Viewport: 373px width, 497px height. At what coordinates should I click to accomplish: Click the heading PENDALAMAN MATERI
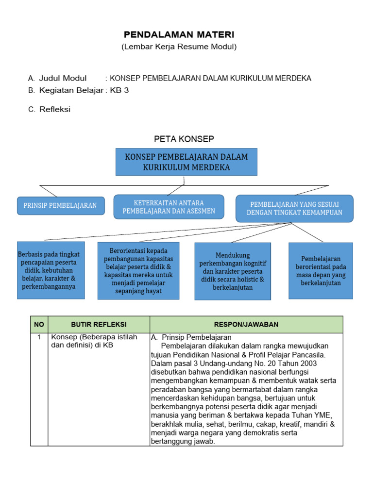tap(179, 34)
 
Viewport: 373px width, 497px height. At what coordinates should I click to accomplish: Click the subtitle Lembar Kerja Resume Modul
tap(179, 47)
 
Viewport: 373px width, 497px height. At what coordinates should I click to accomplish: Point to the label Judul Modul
tap(63, 78)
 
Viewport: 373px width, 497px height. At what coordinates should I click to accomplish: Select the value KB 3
tap(119, 90)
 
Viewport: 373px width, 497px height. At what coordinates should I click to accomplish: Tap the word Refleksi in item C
tap(55, 109)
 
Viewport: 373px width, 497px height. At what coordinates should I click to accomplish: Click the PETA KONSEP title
tap(184, 139)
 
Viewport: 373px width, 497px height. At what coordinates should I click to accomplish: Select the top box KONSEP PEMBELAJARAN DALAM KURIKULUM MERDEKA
tap(186, 162)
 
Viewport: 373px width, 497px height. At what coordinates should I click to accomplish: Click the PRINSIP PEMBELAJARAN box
tap(61, 205)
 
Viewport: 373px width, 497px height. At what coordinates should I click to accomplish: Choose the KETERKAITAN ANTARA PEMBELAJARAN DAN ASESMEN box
tap(169, 207)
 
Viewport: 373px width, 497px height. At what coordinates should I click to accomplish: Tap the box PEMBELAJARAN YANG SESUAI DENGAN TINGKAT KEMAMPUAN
tap(294, 208)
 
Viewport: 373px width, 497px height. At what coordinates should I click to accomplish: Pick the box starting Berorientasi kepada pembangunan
tap(138, 270)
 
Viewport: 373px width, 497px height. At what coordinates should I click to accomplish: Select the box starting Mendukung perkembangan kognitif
tap(233, 271)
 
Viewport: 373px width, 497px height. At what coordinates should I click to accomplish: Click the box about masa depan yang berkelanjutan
tap(321, 270)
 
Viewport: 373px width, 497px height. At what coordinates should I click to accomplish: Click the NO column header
tap(39, 324)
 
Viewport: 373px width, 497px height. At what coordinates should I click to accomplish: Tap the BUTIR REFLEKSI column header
tap(99, 324)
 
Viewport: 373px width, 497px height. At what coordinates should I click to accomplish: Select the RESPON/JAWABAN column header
tap(246, 324)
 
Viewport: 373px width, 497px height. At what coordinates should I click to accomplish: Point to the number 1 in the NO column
tap(39, 337)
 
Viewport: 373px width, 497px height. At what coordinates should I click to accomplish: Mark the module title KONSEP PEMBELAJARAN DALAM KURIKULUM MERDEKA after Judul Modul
tap(211, 78)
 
